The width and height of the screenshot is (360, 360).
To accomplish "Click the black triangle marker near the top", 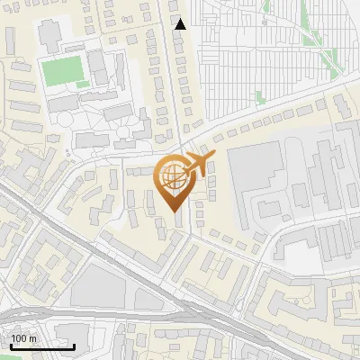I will [x=180, y=24].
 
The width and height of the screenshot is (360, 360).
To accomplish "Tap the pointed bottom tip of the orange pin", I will [x=176, y=210].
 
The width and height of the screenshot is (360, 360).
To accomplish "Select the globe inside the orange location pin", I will [x=175, y=179].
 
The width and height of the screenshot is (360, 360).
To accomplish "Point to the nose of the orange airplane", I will [x=215, y=156].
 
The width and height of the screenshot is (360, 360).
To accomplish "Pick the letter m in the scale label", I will [x=31, y=337].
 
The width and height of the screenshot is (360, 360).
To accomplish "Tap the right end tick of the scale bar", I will [x=75, y=346].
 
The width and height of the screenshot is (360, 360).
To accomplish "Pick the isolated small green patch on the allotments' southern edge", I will [x=261, y=97].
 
